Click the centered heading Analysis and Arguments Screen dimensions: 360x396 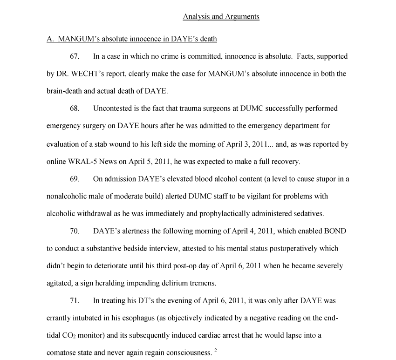coord(221,17)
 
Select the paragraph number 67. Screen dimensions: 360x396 coord(75,56)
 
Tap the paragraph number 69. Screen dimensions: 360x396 coord(75,179)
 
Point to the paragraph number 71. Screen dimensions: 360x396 coord(75,301)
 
